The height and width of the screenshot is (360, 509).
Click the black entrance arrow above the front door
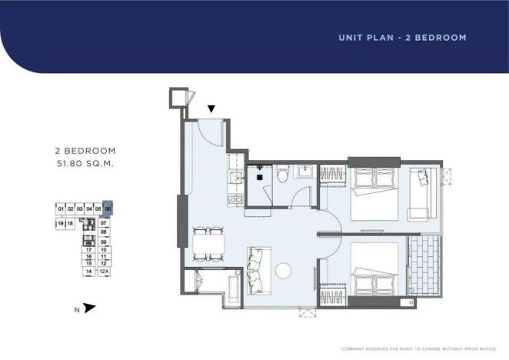coord(211,110)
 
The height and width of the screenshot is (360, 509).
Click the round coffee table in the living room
coord(282,271)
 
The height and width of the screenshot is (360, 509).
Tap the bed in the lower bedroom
coord(374,266)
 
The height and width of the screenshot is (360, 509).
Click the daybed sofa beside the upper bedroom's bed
coord(421,192)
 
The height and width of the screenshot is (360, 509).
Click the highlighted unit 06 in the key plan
coord(108,208)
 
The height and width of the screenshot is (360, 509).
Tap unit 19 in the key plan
coord(60,223)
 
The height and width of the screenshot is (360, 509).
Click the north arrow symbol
coord(90,308)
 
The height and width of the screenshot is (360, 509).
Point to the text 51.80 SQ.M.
coord(85,164)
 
